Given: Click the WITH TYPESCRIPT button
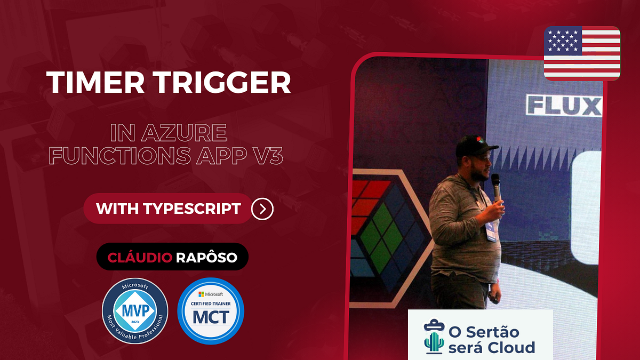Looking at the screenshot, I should pos(168,209).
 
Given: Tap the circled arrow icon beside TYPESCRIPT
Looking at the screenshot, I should pos(262,209).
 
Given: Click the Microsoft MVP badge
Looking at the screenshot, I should pos(135,311).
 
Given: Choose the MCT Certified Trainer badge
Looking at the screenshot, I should pos(211,311).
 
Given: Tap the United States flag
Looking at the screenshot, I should pos(582,53).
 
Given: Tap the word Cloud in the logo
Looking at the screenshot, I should pos(512,348).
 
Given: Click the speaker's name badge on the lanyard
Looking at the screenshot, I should pos(490,231).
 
